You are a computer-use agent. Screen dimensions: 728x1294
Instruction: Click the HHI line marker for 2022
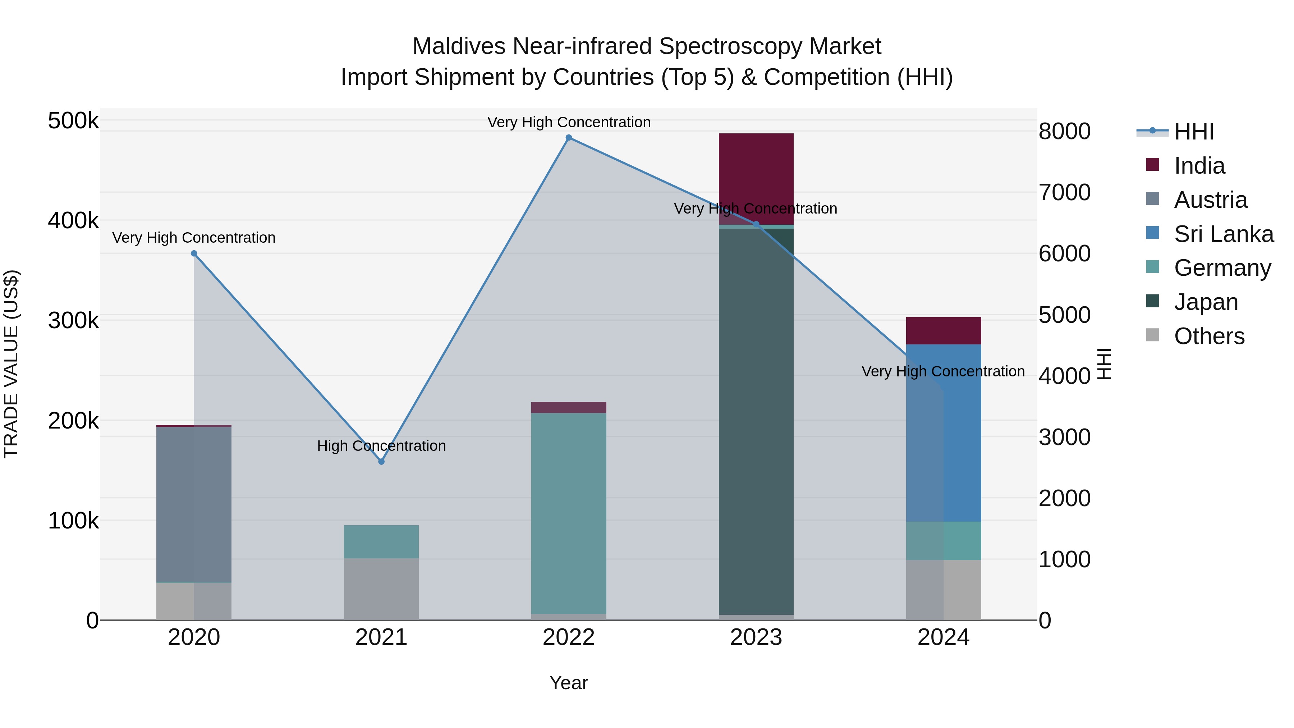click(569, 138)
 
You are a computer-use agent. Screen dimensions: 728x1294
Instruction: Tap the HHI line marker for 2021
click(381, 461)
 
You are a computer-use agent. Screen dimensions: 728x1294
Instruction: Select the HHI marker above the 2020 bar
click(194, 254)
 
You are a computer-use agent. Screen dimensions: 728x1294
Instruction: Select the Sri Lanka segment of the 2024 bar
click(944, 432)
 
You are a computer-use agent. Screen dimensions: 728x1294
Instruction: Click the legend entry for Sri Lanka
click(1223, 234)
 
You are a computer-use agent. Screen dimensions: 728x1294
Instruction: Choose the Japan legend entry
click(1206, 302)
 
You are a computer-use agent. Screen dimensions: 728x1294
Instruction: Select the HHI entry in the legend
click(1193, 132)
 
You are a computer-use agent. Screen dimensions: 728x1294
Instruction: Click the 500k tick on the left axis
click(73, 121)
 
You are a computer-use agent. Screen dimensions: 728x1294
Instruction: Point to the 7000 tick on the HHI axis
click(1064, 192)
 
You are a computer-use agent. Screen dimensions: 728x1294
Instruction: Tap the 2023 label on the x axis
click(756, 637)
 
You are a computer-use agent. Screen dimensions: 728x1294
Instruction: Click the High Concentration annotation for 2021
click(381, 446)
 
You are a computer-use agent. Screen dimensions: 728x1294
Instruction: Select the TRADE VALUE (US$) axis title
click(11, 364)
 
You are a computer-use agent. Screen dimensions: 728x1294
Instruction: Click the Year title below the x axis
click(569, 683)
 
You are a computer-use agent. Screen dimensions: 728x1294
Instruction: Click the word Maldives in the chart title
click(459, 46)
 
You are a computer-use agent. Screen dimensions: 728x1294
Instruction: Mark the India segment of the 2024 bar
click(944, 331)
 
